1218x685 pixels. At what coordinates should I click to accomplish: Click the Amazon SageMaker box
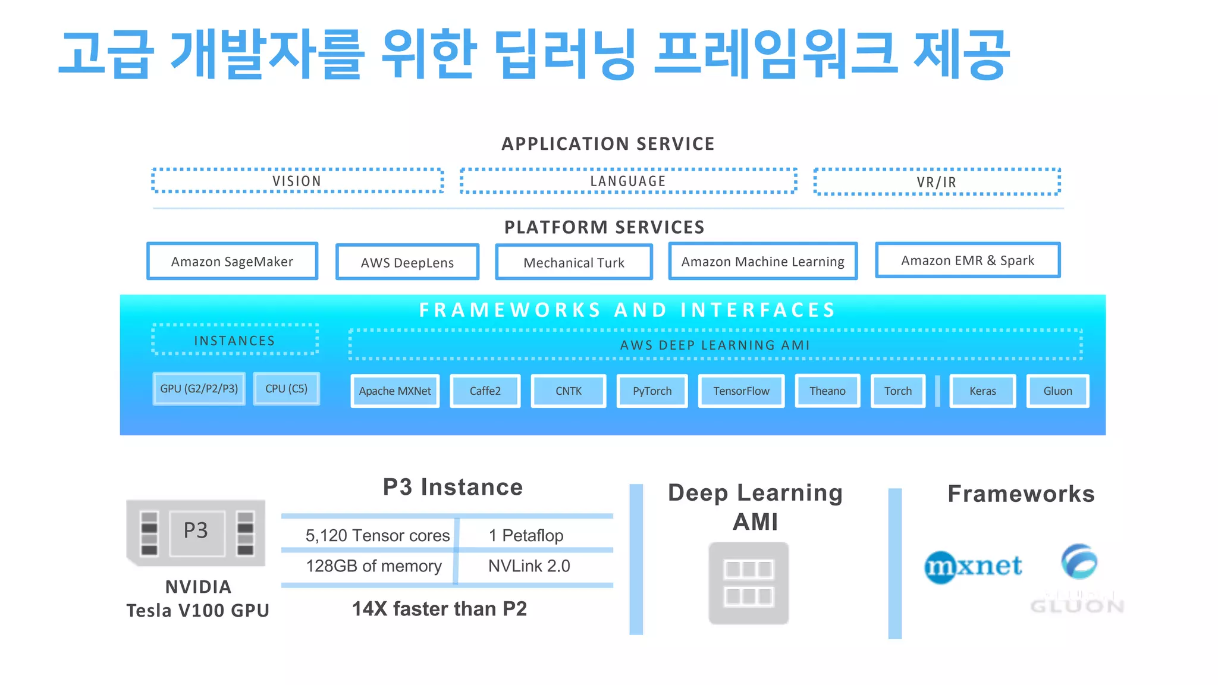tap(232, 261)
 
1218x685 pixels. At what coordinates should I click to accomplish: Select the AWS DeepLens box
tap(407, 262)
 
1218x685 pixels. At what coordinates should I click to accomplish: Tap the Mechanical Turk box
tap(574, 262)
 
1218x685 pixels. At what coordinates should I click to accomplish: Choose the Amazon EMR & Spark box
tap(968, 260)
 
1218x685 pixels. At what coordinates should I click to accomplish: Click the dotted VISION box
tap(297, 181)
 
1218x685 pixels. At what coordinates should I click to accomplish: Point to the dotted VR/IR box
tap(937, 182)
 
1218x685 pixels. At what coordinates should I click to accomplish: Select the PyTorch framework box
tap(652, 391)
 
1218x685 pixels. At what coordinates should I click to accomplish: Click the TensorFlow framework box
tap(741, 391)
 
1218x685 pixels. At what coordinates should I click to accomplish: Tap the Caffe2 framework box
tap(485, 391)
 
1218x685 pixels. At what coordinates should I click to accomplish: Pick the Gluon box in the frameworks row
tap(1057, 391)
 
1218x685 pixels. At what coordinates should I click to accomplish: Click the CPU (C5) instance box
tap(286, 388)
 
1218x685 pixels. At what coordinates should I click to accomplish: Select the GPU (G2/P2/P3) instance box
tap(199, 388)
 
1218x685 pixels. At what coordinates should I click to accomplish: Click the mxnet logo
tap(973, 565)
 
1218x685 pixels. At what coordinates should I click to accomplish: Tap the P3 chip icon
tap(196, 532)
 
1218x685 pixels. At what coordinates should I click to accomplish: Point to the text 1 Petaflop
tap(526, 535)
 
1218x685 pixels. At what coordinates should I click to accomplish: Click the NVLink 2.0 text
tap(529, 565)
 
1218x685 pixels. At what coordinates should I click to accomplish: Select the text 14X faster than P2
tap(439, 609)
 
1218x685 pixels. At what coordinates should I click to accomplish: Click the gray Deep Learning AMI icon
tap(749, 583)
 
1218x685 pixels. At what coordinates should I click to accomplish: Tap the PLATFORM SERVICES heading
tap(604, 227)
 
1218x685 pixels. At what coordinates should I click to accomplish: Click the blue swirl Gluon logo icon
tap(1079, 561)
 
